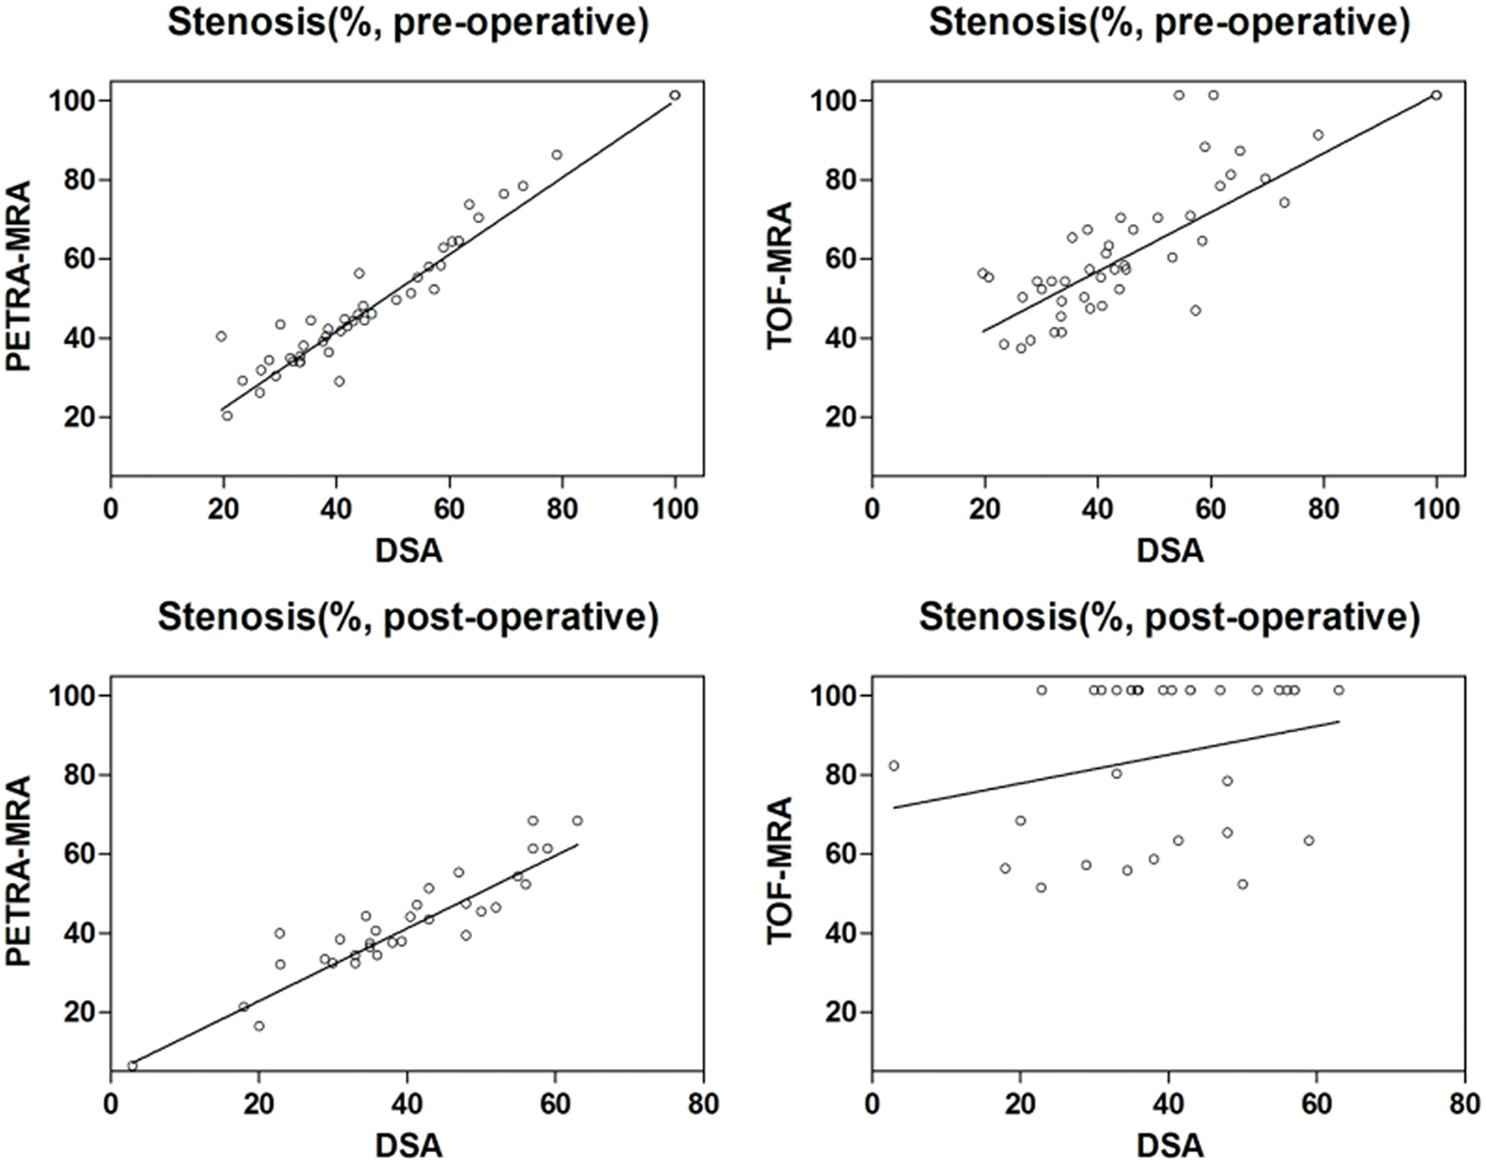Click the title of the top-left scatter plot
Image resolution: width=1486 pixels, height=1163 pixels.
click(x=408, y=23)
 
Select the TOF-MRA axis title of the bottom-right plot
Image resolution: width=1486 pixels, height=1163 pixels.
click(x=780, y=871)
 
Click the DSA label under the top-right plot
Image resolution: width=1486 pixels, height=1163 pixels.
click(x=1170, y=551)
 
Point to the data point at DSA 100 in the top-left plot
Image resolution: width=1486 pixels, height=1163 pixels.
click(x=675, y=96)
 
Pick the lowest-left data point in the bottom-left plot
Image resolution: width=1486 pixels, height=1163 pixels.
click(x=132, y=1066)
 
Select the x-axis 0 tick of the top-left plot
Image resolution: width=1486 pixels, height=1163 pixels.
click(x=111, y=509)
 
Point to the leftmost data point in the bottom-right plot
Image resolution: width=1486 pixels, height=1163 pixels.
click(x=894, y=766)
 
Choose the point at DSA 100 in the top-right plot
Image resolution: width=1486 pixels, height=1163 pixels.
click(x=1437, y=96)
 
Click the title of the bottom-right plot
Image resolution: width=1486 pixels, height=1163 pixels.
click(x=1170, y=618)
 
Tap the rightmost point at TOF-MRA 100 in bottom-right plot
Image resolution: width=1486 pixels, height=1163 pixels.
click(x=1339, y=690)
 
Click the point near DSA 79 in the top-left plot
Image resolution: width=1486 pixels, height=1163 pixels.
click(x=557, y=155)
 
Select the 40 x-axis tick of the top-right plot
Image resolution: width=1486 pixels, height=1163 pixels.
click(x=1098, y=509)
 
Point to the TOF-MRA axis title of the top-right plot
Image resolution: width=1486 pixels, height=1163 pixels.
click(x=780, y=277)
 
